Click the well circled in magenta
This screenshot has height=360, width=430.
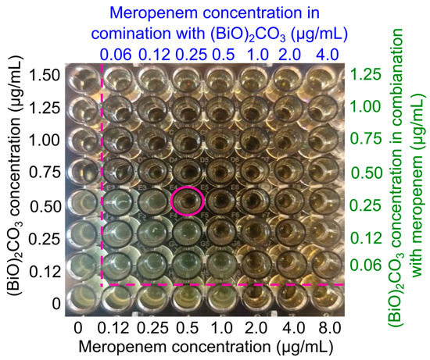point(187,201)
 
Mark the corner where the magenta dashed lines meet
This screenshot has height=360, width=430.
point(102,284)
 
